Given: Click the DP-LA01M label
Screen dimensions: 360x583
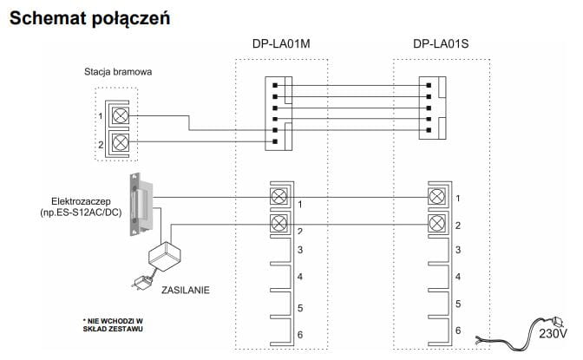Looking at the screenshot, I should click(281, 43).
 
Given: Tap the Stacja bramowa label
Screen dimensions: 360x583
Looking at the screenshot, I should click(118, 71).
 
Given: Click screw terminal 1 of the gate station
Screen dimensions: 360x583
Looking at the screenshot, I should click(121, 115).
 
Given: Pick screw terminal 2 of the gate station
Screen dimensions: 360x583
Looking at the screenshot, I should click(121, 142).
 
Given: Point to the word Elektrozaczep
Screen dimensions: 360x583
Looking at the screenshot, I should click(75, 200).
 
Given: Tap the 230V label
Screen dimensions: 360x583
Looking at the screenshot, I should click(553, 332).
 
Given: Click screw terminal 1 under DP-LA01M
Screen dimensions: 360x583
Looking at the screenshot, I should click(279, 197).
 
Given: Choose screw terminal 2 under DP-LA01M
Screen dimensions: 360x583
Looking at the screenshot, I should click(279, 225).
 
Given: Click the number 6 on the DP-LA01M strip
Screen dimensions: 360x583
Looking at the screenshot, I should click(298, 335).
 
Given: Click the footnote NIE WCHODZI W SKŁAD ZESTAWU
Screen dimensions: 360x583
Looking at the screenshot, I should click(114, 324).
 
